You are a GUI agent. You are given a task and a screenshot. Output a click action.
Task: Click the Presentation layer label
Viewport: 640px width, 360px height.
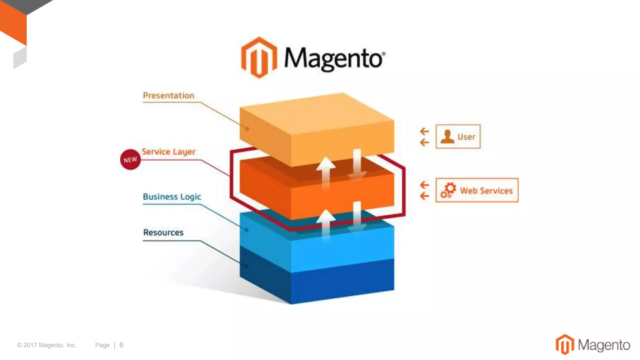click(168, 96)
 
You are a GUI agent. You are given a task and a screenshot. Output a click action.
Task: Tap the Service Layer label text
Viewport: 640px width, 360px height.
click(169, 152)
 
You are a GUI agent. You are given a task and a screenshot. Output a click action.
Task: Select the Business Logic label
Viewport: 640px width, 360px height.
click(172, 197)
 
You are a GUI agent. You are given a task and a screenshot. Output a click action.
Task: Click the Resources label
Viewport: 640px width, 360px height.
click(163, 232)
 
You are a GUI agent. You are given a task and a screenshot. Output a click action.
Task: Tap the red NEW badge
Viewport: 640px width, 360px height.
click(130, 160)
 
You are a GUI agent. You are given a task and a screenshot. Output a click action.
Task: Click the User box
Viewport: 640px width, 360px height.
click(458, 137)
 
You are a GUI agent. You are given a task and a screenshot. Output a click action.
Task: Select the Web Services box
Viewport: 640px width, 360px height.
click(477, 190)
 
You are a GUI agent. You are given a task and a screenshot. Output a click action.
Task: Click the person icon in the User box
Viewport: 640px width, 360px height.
click(447, 137)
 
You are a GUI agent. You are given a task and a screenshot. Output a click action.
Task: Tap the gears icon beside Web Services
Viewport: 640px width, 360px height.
click(448, 190)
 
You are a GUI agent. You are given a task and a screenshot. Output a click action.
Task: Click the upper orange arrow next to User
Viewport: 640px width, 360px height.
click(424, 131)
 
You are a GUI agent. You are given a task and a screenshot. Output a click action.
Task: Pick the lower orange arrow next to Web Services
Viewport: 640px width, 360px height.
click(424, 196)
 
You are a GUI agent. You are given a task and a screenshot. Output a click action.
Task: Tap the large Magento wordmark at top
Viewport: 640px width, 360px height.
click(334, 59)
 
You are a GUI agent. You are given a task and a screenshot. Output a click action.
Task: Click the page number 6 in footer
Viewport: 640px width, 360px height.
click(121, 345)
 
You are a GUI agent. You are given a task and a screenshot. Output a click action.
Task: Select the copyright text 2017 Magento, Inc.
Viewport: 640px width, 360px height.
click(47, 345)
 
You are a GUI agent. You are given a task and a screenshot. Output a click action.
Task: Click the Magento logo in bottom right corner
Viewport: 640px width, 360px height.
click(592, 345)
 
